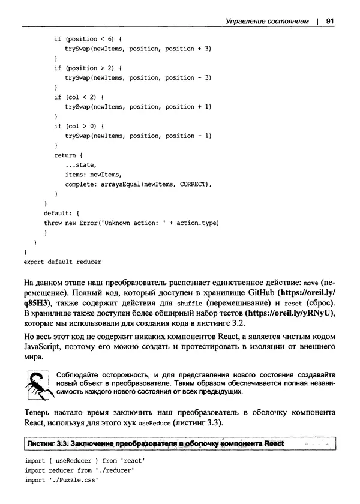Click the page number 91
329,21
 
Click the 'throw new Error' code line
131,223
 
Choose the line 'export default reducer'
62,262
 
